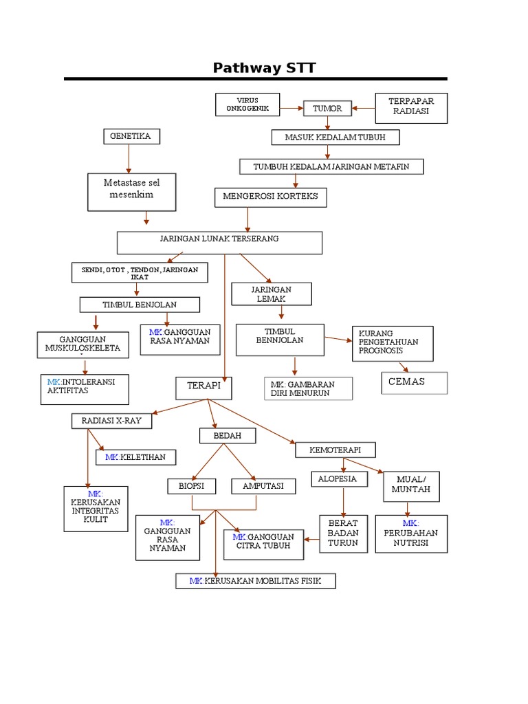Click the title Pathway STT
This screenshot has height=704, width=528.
(264, 67)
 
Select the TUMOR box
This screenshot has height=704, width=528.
(327, 109)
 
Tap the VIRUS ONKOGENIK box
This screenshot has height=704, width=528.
(247, 104)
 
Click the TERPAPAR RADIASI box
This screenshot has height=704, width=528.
(411, 108)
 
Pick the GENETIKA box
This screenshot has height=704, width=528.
(131, 136)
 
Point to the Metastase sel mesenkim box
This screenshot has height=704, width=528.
(132, 191)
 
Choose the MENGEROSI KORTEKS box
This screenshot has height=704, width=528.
(270, 197)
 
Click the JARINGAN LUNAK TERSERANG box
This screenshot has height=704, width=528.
(219, 242)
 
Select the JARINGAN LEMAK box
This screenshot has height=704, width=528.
(272, 294)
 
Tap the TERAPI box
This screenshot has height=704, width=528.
(204, 387)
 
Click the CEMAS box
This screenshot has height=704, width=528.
(414, 382)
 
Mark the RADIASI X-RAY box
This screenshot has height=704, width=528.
(111, 421)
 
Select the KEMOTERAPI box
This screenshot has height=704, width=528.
(335, 450)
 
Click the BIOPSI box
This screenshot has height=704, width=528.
(192, 486)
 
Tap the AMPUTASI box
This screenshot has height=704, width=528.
(263, 486)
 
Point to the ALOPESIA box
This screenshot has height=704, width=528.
(337, 478)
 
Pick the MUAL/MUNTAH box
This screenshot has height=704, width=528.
(411, 485)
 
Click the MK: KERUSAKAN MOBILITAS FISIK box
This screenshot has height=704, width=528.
(255, 582)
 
